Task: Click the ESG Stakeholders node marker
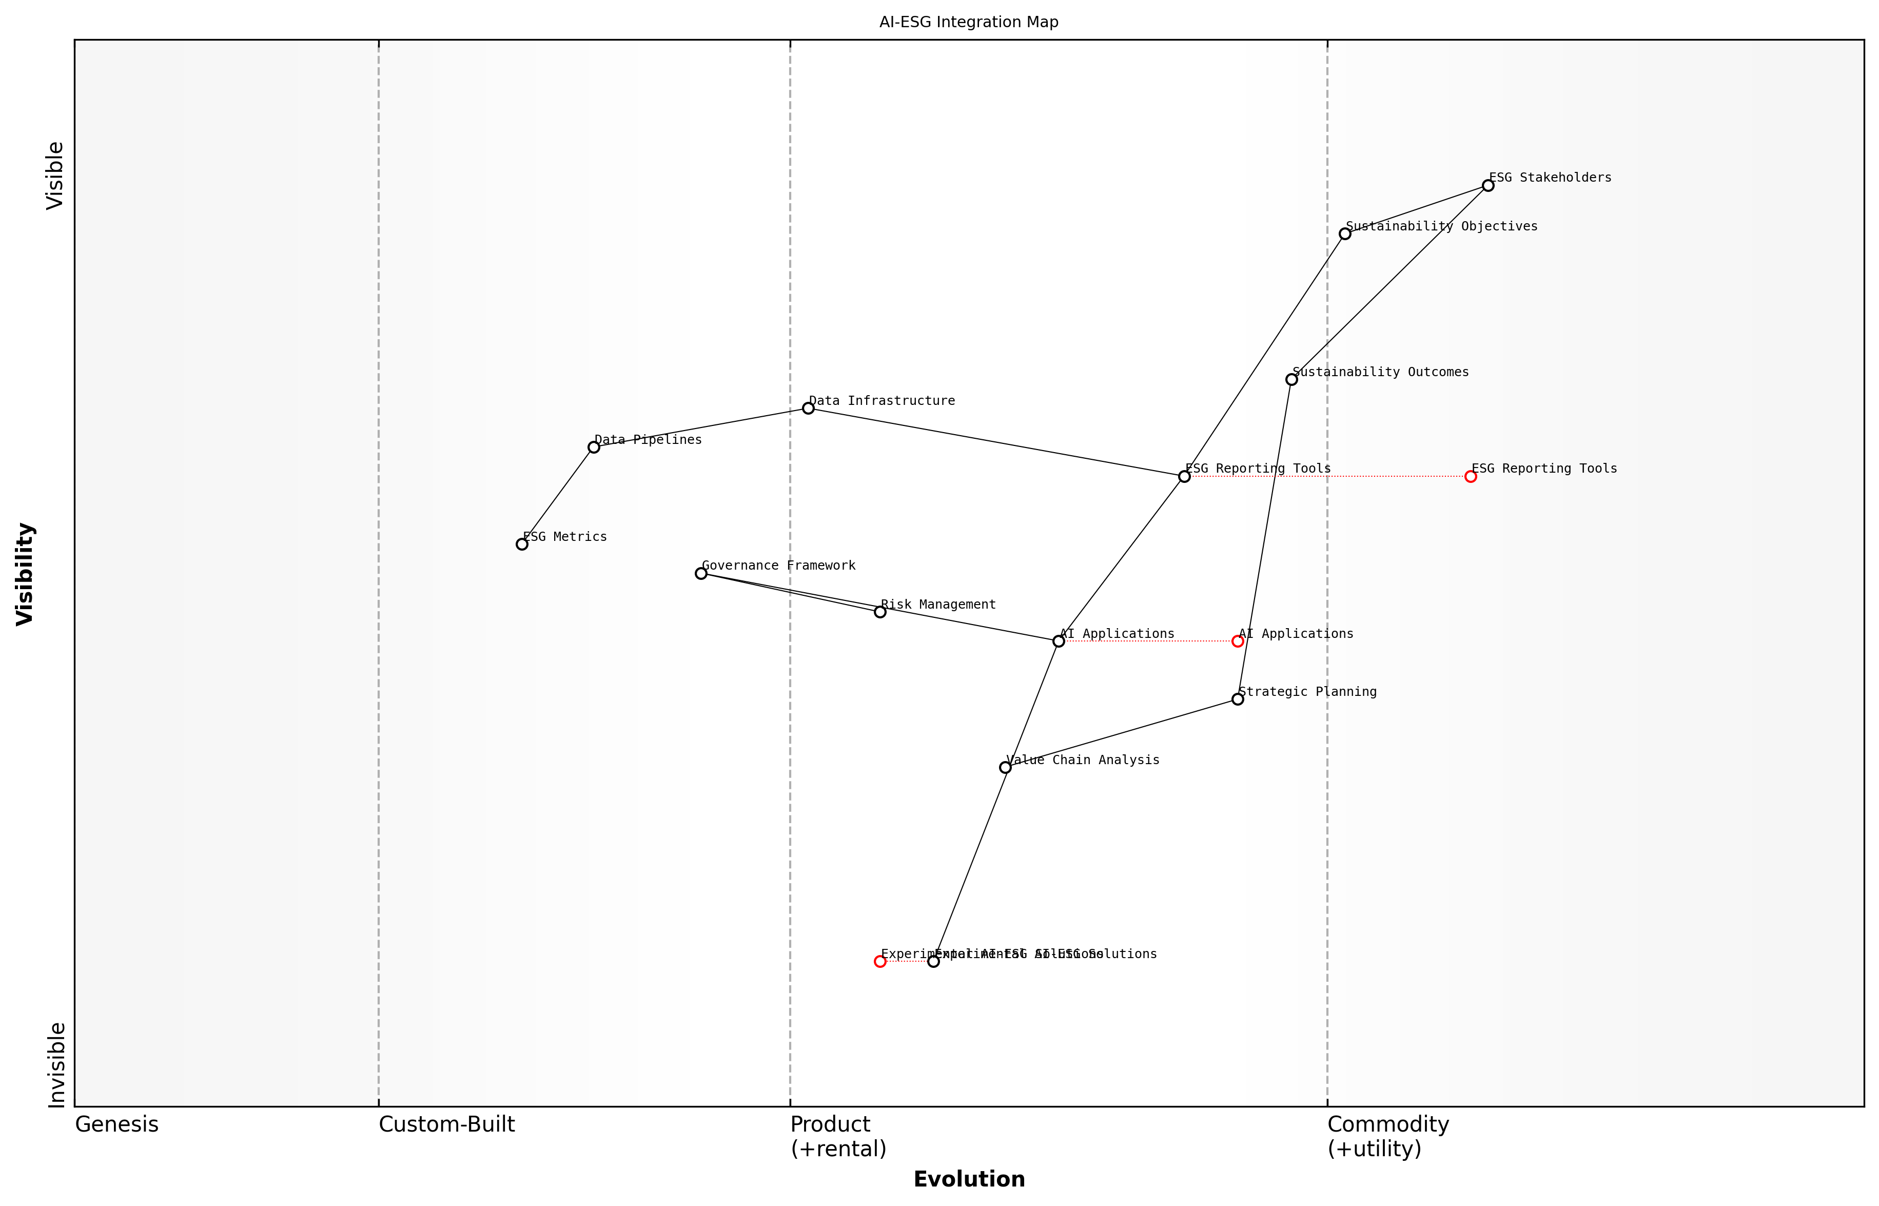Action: pyautogui.click(x=1487, y=186)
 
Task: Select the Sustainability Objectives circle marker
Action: pyautogui.click(x=1344, y=234)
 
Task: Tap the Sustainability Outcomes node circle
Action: pyautogui.click(x=1291, y=379)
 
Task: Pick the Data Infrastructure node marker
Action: pyautogui.click(x=808, y=408)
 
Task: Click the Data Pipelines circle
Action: pyautogui.click(x=594, y=447)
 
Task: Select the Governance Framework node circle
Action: pyautogui.click(x=701, y=573)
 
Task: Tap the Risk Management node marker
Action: pyautogui.click(x=880, y=612)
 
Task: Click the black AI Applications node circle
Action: pyautogui.click(x=1059, y=641)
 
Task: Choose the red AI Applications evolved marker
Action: pyautogui.click(x=1238, y=641)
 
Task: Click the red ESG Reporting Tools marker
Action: pyautogui.click(x=1471, y=476)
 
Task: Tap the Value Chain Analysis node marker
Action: pyautogui.click(x=1005, y=767)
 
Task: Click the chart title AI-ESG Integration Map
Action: pyautogui.click(x=968, y=22)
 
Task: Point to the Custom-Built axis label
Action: pyautogui.click(x=446, y=1124)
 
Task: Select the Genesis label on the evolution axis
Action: pyautogui.click(x=116, y=1124)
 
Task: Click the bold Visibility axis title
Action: pyautogui.click(x=25, y=573)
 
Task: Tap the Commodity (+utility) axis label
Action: pyautogui.click(x=1387, y=1136)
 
